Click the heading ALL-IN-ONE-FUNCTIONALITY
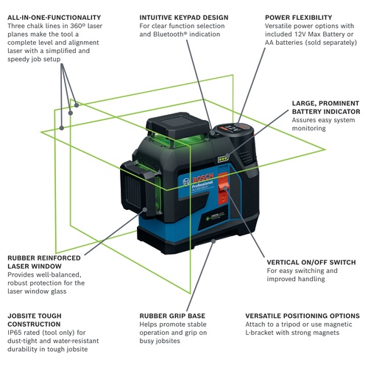(54, 18)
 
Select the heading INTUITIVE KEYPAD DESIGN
(184, 18)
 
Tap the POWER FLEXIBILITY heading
(298, 18)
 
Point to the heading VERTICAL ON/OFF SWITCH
(311, 262)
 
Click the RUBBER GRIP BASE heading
(172, 316)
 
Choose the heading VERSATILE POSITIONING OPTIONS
(302, 316)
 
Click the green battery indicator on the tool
(223, 160)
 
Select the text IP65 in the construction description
(15, 333)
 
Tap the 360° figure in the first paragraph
(78, 26)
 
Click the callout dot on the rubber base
(213, 241)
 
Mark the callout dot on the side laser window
(145, 210)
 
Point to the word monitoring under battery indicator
(308, 129)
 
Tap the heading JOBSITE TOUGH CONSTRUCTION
(35, 320)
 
